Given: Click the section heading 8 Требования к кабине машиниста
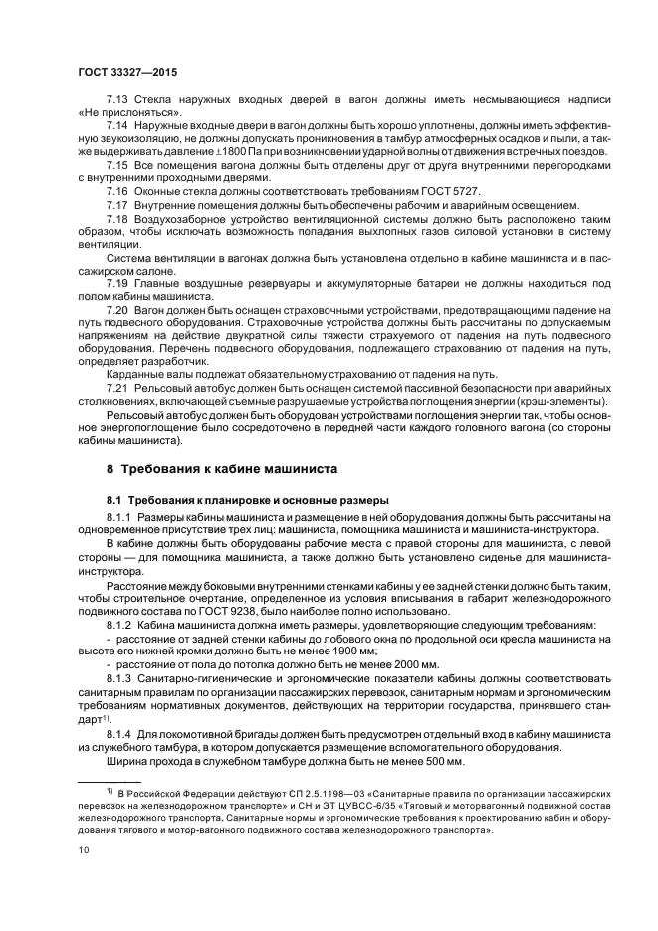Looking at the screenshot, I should click(x=222, y=467).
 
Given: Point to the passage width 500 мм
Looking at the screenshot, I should click(x=438, y=761).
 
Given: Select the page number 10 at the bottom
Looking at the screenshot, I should click(x=84, y=850).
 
